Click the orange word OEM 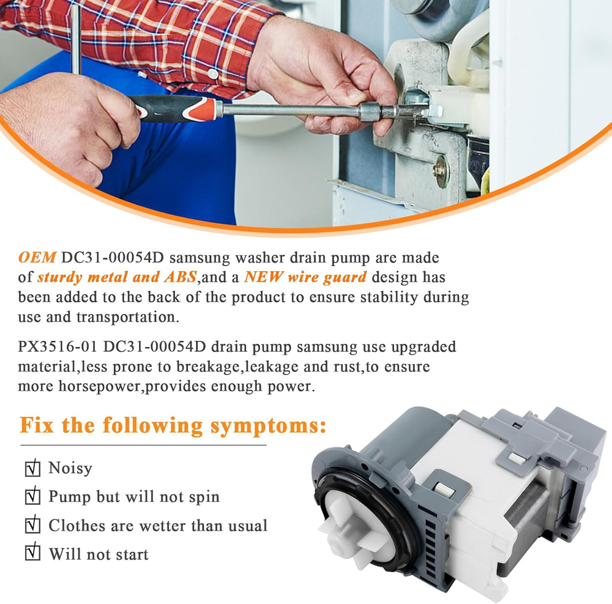pos(37,258)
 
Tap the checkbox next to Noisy pos(32,468)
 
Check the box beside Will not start pos(32,552)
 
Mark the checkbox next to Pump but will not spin pos(32,496)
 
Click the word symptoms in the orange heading pos(268,426)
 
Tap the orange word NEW pos(263,277)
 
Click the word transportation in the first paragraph pos(128,317)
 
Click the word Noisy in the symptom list pos(70,468)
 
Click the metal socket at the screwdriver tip pos(374,111)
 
